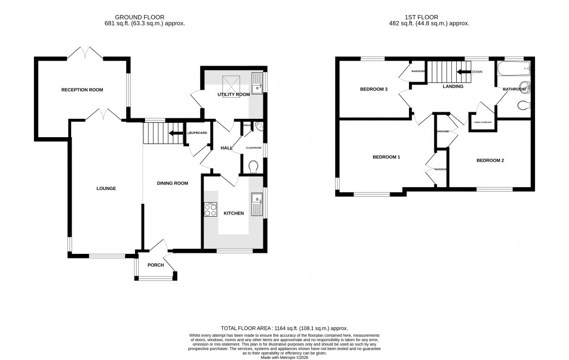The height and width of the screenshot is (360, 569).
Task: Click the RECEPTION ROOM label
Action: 82,89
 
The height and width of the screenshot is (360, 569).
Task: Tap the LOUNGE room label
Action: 106,188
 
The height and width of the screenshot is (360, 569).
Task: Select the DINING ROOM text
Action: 173,183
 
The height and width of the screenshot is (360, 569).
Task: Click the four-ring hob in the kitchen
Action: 211,209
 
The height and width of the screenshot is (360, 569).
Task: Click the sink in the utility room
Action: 257,83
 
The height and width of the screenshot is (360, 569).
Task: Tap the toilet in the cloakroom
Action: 254,166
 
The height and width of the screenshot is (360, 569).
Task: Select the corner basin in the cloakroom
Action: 258,127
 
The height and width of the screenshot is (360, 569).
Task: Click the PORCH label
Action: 156,265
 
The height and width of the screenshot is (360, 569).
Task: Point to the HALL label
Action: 226,148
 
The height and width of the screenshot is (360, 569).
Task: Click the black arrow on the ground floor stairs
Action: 177,133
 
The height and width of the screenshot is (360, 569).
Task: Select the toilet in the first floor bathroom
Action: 523,106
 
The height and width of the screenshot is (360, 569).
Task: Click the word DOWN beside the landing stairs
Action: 477,72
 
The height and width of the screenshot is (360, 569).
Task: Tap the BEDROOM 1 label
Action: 386,157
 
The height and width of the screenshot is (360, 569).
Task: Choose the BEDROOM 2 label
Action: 490,161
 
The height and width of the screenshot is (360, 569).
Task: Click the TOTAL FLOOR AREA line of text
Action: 284,329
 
